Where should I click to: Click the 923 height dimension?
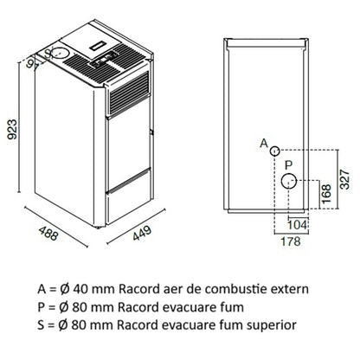pyautogui.click(x=12, y=129)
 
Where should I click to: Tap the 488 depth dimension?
pyautogui.click(x=48, y=233)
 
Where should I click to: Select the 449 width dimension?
pyautogui.click(x=142, y=233)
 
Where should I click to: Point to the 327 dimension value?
pyautogui.click(x=344, y=179)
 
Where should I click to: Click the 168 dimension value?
pyautogui.click(x=326, y=194)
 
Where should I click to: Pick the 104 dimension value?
pyautogui.click(x=297, y=225)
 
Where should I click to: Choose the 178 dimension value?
pyautogui.click(x=291, y=241)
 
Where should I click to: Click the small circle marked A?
pyautogui.click(x=274, y=151)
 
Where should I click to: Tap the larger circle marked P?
pyautogui.click(x=289, y=181)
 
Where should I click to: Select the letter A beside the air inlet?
pyautogui.click(x=264, y=143)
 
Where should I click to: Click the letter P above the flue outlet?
pyautogui.click(x=288, y=165)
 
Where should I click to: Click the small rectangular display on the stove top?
pyautogui.click(x=99, y=46)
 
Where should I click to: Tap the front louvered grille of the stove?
pyautogui.click(x=129, y=93)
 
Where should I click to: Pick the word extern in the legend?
pyautogui.click(x=295, y=289)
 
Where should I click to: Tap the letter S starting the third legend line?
pyautogui.click(x=42, y=325)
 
